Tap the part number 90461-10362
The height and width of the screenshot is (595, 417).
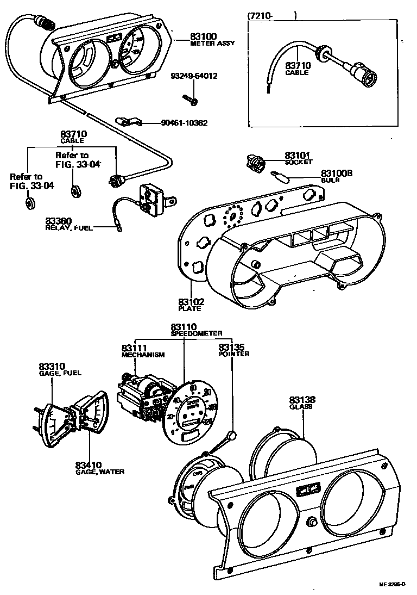(x=184, y=123)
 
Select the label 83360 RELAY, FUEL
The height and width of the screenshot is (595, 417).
(x=68, y=225)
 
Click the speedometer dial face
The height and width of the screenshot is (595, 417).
(x=190, y=411)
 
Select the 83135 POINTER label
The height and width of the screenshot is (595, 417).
(x=234, y=350)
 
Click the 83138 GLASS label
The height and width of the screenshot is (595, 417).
(x=302, y=402)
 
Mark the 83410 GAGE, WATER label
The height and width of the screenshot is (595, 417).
(x=99, y=468)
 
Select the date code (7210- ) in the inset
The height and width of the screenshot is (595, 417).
(x=271, y=16)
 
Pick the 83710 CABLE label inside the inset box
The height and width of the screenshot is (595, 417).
(x=297, y=69)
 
